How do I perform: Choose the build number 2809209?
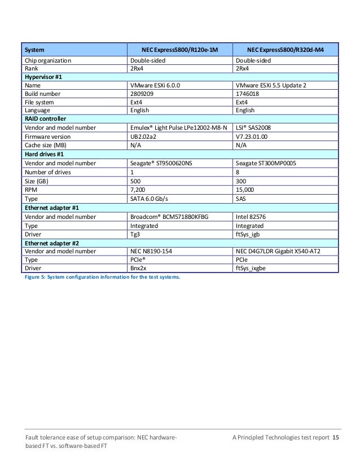click(142, 94)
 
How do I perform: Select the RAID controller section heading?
click(45, 119)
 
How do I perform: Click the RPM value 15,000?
click(244, 190)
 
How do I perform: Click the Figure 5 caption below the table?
click(100, 276)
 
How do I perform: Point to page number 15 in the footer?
click(336, 438)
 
